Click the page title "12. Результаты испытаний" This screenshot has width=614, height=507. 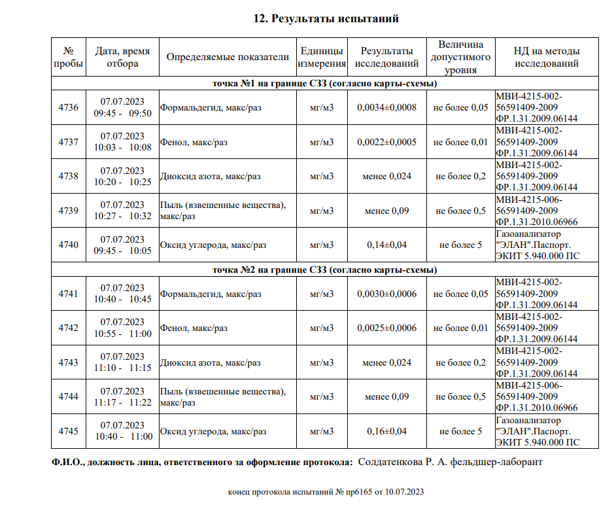tap(326, 18)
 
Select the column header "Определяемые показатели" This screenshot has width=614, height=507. tap(228, 57)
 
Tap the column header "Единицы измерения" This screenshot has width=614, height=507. tap(322, 57)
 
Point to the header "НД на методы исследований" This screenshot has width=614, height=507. tap(547, 57)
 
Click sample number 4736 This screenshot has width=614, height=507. tap(68, 107)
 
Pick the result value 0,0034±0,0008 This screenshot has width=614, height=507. tap(386, 107)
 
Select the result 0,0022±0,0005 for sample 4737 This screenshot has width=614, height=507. tap(386, 142)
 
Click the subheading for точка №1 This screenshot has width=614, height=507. tap(325, 84)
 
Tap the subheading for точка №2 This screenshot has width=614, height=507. tap(325, 270)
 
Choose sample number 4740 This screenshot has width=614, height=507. tap(68, 245)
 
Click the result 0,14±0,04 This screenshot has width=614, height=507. tap(386, 245)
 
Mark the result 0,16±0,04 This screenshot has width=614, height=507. tap(386, 431)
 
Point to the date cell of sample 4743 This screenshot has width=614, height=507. tap(122, 362)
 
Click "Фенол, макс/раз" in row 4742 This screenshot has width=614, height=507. tap(194, 328)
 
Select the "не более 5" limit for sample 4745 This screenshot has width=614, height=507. tap(460, 431)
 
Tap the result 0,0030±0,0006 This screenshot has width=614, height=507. tap(386, 294)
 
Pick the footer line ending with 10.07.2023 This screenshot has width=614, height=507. tap(326, 491)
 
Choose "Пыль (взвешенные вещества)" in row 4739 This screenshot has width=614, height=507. tap(223, 205)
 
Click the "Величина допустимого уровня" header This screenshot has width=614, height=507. tap(460, 57)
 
